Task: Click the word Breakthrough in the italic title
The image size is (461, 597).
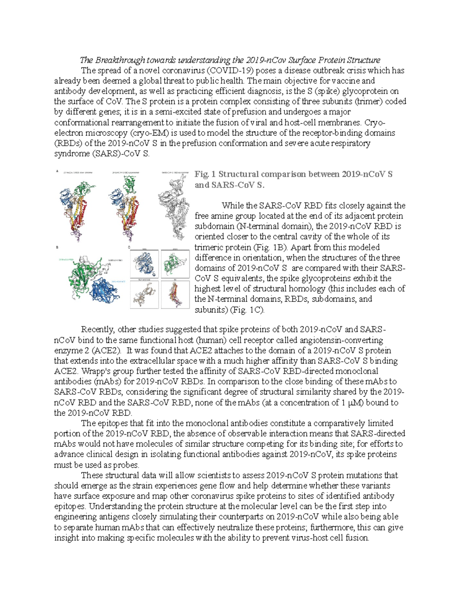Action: point(120,60)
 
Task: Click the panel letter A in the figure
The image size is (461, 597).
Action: point(57,172)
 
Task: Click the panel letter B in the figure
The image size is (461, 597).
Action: point(57,248)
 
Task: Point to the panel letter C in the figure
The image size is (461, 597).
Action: point(129,248)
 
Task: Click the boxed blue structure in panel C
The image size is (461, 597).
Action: point(145,263)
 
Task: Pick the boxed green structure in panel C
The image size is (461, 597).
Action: point(175,263)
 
